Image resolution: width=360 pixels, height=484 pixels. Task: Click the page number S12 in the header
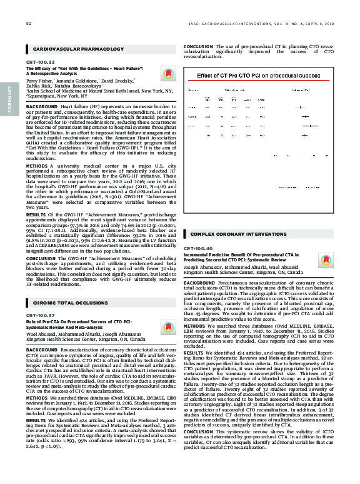29,24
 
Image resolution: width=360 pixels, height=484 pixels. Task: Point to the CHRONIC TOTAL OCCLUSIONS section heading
67,303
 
